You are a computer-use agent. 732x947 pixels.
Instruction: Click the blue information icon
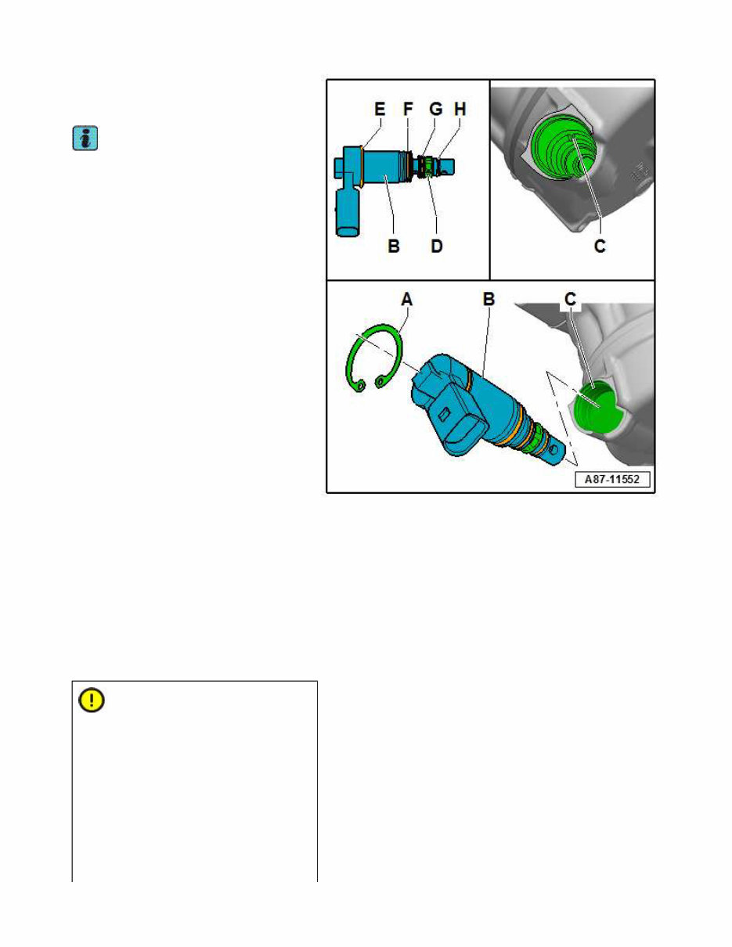[85, 140]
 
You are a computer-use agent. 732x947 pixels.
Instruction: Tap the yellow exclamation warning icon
[92, 700]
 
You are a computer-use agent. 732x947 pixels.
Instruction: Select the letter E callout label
[380, 111]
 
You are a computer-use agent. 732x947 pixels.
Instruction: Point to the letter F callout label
[408, 111]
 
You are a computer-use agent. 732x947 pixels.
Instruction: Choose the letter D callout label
[437, 246]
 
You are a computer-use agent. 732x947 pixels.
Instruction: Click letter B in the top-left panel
[394, 246]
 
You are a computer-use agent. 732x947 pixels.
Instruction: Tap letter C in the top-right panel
[600, 246]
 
